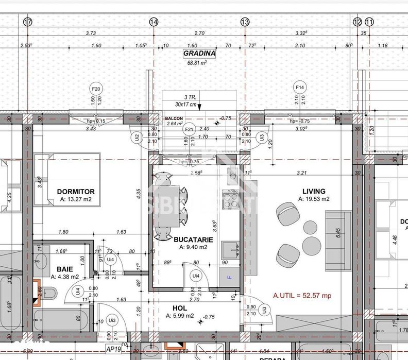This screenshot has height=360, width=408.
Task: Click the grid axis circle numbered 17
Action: pyautogui.click(x=27, y=22)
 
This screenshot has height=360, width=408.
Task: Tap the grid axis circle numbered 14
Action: pyautogui.click(x=154, y=22)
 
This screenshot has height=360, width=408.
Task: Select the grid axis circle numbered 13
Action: pyautogui.click(x=245, y=22)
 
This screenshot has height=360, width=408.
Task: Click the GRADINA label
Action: pyautogui.click(x=199, y=53)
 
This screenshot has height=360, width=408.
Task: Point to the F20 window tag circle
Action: pyautogui.click(x=95, y=88)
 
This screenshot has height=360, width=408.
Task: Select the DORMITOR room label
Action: pyautogui.click(x=76, y=192)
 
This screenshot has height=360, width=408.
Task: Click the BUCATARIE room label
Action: pyautogui.click(x=190, y=239)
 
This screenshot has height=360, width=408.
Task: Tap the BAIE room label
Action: pyautogui.click(x=64, y=269)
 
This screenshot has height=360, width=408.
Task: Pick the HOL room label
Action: pyautogui.click(x=173, y=308)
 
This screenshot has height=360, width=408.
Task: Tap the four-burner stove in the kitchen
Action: pyautogui.click(x=229, y=199)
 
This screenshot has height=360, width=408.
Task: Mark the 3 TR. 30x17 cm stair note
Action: pyautogui.click(x=182, y=100)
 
